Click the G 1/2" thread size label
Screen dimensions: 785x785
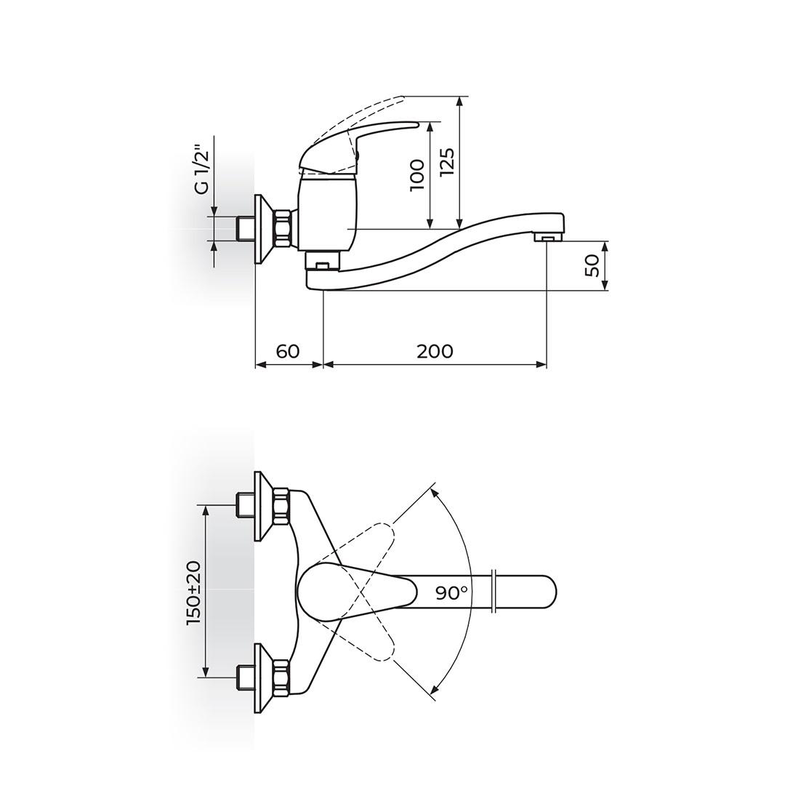coord(201,169)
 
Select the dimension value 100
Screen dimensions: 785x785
coord(417,174)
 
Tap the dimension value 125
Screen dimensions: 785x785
coord(446,161)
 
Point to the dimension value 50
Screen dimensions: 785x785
coord(592,265)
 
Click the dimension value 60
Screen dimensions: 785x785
coord(288,351)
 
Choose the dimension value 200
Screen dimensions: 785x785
coord(435,351)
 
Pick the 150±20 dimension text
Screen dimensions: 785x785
coord(193,592)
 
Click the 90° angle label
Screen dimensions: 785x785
coord(451,593)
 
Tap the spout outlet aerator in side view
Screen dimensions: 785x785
coord(548,237)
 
